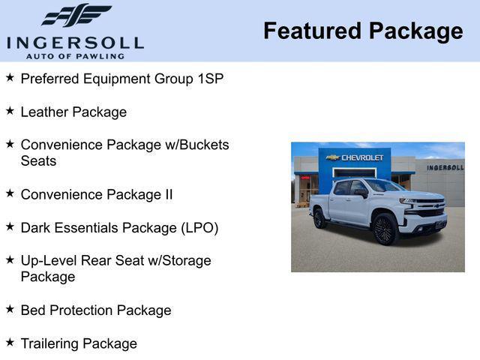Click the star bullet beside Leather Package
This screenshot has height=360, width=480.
click(x=10, y=110)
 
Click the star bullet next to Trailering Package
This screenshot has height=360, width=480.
click(x=10, y=342)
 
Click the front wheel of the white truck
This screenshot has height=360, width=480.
click(x=385, y=230)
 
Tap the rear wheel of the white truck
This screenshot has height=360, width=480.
click(x=320, y=218)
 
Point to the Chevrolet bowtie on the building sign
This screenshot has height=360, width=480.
click(x=333, y=157)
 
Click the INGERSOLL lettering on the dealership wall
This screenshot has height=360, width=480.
click(x=445, y=167)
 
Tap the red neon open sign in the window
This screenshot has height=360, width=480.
click(x=305, y=178)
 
